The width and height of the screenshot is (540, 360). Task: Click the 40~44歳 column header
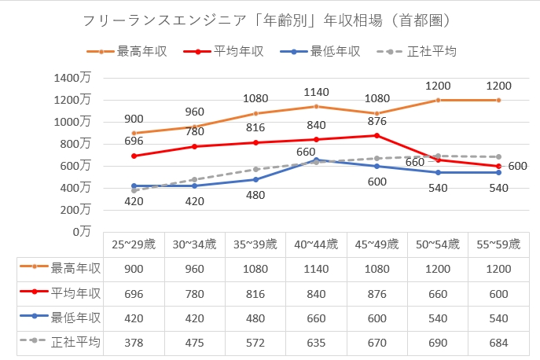coord(316,244)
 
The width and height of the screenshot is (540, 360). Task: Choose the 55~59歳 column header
coord(498,244)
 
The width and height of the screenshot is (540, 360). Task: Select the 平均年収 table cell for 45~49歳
coord(377,293)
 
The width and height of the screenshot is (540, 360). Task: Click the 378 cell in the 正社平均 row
coord(134,343)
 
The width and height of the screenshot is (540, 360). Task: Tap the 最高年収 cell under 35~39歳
coord(255,268)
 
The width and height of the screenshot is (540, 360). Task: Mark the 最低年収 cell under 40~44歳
coord(316,318)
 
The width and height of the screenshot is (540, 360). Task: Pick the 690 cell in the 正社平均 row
coord(438,343)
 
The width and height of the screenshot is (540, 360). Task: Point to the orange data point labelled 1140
coord(316,106)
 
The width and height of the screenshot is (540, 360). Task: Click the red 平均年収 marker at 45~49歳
coord(377,135)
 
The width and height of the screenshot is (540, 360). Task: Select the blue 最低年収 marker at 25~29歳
coord(134,186)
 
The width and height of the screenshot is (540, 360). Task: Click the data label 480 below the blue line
coord(255,194)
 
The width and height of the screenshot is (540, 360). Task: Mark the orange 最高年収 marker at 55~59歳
coord(498,100)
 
